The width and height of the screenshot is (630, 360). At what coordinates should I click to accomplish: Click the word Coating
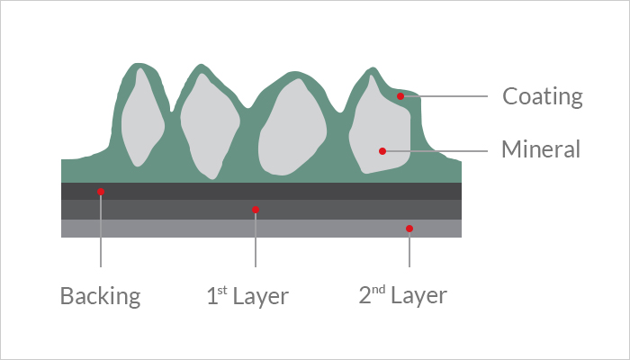click(x=543, y=96)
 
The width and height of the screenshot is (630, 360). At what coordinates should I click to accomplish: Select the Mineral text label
click(x=541, y=149)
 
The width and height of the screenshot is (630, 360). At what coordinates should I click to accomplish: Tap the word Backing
click(x=101, y=296)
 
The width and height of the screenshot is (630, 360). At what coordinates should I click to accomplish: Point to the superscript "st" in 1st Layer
click(x=222, y=290)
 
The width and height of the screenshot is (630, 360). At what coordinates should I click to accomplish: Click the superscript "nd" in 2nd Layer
click(x=379, y=289)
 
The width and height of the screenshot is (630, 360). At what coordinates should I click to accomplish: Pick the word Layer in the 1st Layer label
click(x=261, y=297)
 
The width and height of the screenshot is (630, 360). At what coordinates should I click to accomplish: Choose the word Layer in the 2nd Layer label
click(x=419, y=296)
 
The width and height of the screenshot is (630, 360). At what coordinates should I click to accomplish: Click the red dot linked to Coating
click(x=400, y=96)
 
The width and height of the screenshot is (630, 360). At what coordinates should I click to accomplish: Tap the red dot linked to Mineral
click(x=382, y=151)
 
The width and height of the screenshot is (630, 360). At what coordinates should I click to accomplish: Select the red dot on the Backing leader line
click(x=101, y=192)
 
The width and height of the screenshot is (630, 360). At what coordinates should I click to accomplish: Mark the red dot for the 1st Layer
click(x=256, y=210)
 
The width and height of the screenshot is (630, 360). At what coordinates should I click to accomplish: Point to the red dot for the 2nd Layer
click(x=409, y=229)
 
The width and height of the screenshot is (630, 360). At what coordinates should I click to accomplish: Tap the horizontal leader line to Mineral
click(x=435, y=151)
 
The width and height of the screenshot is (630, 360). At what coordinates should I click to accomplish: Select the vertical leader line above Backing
click(x=101, y=229)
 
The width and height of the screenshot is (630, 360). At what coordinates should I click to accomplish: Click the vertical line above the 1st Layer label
click(x=256, y=238)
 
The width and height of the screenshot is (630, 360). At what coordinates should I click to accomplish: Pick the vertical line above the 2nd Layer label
click(x=409, y=247)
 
